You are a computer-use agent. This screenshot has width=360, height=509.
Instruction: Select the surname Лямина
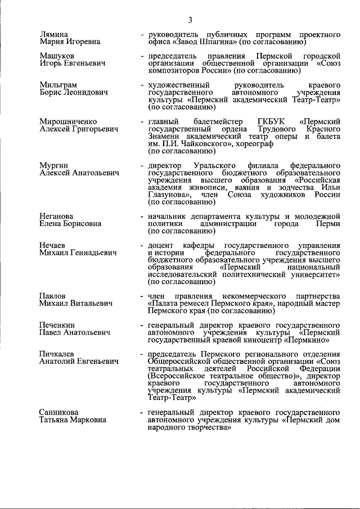[53, 35]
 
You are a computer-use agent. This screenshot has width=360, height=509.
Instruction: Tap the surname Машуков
[56, 56]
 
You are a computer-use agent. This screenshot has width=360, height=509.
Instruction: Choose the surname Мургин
[54, 166]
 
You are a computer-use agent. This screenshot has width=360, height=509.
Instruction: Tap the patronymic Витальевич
[89, 304]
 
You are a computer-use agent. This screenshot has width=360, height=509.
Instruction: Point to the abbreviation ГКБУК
[271, 121]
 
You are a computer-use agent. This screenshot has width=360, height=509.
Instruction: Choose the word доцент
[160, 246]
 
